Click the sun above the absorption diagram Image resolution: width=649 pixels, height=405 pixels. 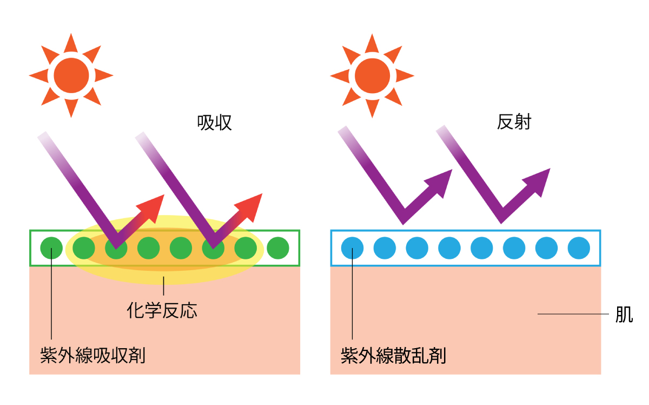point(71,75)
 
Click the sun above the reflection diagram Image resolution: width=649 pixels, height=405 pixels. point(372,75)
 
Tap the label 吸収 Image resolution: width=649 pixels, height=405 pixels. point(215,123)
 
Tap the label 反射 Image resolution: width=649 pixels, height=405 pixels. point(514,122)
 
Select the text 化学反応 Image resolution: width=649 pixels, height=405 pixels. point(162,310)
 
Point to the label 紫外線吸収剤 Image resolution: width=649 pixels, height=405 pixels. point(92,356)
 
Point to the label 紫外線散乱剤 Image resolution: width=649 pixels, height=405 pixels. point(393,356)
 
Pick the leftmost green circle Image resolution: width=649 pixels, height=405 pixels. point(51,248)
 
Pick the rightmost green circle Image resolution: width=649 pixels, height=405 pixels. point(279,248)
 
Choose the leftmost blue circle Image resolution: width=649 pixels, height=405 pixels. point(352,248)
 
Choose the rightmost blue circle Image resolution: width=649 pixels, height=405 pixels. point(579,248)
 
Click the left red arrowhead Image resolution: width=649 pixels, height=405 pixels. point(154,205)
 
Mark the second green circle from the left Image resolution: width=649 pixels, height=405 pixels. point(83,248)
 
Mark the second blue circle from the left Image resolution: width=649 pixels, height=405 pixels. point(385,248)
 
